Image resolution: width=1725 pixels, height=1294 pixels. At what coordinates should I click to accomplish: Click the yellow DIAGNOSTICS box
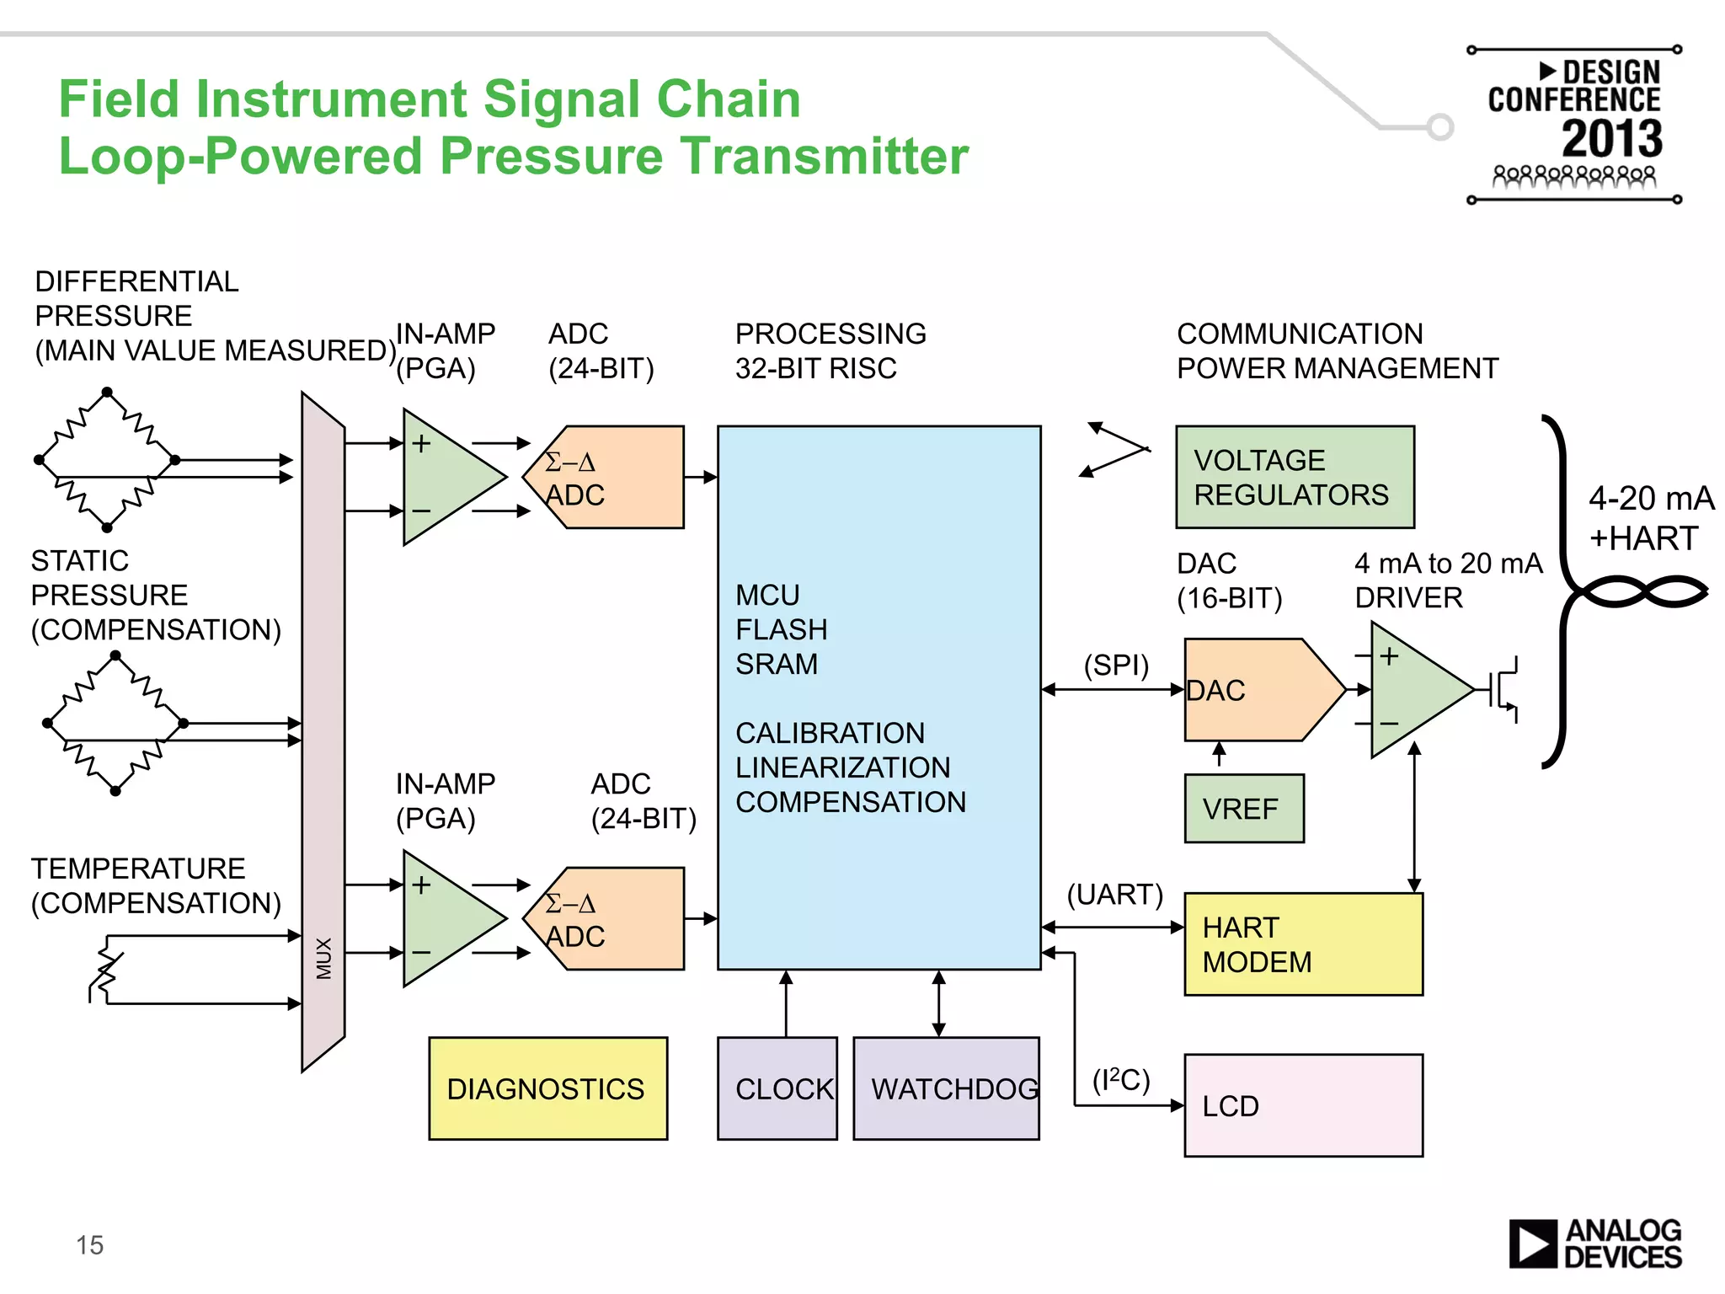pos(547,1088)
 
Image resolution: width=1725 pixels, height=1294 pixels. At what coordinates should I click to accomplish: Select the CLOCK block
pos(777,1088)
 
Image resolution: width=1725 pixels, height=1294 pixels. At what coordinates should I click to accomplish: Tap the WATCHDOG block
pos(946,1088)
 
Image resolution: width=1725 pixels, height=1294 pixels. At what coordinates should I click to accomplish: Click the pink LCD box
pos(1303,1105)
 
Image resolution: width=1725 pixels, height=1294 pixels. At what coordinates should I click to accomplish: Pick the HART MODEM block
pos(1303,944)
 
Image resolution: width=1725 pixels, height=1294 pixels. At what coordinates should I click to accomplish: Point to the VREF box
pos(1243,809)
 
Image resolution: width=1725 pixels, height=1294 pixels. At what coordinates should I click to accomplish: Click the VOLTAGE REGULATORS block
pos(1295,477)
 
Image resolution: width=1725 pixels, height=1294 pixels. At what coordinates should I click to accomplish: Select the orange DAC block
pos(1255,690)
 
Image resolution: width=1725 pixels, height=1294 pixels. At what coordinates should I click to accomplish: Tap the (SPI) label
pos(1116,665)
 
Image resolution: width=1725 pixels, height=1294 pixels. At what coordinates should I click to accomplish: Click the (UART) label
pos(1114,894)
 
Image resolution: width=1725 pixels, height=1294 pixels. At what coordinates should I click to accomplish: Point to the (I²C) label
pos(1120,1079)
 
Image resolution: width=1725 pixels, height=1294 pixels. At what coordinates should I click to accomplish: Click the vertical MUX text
pos(324,958)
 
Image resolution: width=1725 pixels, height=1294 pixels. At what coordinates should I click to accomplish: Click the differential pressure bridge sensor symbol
pos(107,460)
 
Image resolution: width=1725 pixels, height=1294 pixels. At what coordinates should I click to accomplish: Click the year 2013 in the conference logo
pos(1611,139)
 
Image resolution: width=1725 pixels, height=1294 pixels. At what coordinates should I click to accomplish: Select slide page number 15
pos(89,1245)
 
